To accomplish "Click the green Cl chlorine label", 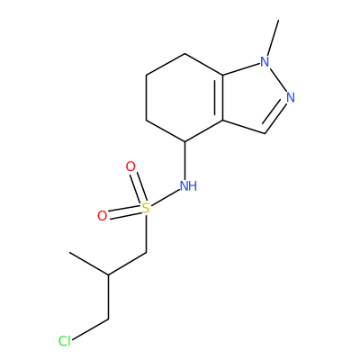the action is click(x=65, y=341).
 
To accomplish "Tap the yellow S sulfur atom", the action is click(x=146, y=208).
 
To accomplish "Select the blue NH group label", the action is click(x=188, y=186).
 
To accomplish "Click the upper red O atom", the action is click(x=130, y=166).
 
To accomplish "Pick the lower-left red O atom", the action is click(x=103, y=216).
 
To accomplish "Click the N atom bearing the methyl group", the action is click(x=265, y=61).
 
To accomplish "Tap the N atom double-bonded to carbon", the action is click(x=290, y=97).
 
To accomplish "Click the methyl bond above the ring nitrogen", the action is click(x=274, y=38).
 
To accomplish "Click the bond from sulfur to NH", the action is click(x=165, y=197).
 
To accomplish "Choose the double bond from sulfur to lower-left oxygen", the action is click(x=124, y=212).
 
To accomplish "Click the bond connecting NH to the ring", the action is click(x=184, y=160).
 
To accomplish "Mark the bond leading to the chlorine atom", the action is click(x=90, y=329).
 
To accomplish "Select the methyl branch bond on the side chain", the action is click(x=89, y=264).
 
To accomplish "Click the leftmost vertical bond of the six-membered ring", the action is click(x=146, y=97).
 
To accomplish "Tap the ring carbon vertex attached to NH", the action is click(x=184, y=141).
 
